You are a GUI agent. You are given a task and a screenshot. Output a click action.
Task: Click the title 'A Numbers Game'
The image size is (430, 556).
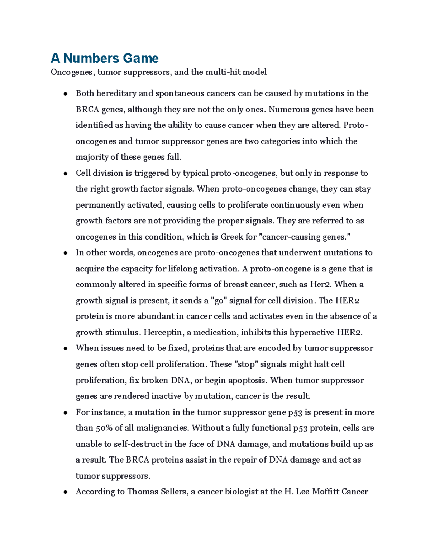pyautogui.click(x=105, y=58)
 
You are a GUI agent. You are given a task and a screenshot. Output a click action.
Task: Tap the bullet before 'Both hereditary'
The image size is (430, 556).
pyautogui.click(x=66, y=94)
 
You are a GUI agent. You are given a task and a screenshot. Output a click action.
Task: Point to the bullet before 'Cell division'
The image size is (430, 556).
pyautogui.click(x=66, y=174)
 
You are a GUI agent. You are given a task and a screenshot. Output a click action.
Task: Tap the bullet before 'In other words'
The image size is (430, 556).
pyautogui.click(x=66, y=253)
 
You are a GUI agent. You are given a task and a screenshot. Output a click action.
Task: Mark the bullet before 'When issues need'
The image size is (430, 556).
pyautogui.click(x=66, y=349)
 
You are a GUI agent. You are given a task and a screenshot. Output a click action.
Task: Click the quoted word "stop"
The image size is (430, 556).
pyautogui.click(x=245, y=364)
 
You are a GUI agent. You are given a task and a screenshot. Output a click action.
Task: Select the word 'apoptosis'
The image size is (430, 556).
pyautogui.click(x=248, y=381)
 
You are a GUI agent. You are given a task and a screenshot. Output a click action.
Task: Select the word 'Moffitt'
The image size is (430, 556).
pyautogui.click(x=326, y=492)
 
